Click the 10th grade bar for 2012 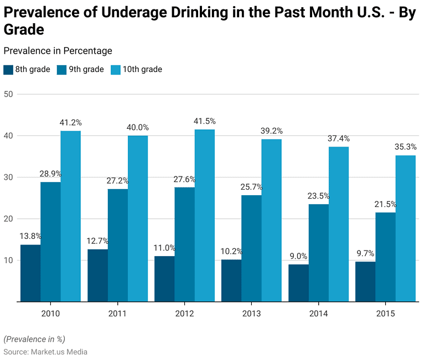point(204,216)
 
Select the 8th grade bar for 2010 point(30,273)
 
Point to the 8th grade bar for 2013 point(231,280)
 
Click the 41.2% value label point(70,123)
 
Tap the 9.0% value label point(298,256)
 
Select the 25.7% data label point(251,187)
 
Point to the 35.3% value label point(406,147)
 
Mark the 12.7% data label point(97,241)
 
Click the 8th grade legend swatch point(8,70)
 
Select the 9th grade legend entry point(80,70)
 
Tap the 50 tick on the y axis point(8,94)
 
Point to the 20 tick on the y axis point(8,218)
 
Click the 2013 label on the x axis point(251,314)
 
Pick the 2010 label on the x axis point(50,314)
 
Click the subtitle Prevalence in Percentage point(58,51)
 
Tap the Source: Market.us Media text point(45,352)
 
